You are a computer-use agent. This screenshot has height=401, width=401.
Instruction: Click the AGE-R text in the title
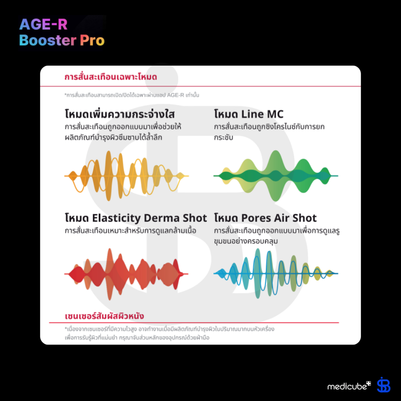point(43,25)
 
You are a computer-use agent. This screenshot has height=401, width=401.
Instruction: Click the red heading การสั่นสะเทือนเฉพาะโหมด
point(111,77)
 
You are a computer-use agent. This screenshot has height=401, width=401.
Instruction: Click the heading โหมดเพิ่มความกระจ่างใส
point(119,114)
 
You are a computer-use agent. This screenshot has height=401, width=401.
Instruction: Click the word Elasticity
point(116,218)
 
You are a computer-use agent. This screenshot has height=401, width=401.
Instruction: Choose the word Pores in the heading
point(256,218)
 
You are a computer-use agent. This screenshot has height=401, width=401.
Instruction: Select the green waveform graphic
point(276,176)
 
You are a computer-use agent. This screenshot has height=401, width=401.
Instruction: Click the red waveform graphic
point(126,273)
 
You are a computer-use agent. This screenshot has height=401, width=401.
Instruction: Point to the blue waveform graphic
point(276,273)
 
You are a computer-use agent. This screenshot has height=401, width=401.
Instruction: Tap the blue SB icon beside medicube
point(383,385)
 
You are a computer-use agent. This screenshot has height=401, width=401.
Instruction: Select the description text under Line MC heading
point(269,132)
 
